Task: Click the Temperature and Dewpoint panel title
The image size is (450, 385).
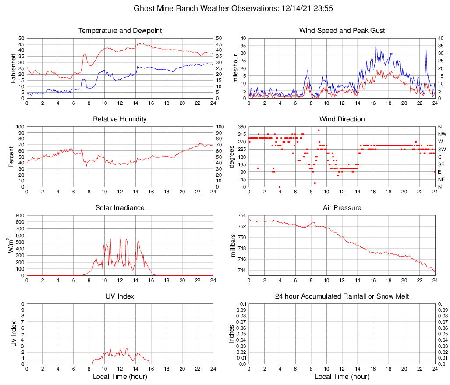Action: tap(120, 31)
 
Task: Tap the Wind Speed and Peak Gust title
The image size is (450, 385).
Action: tap(342, 31)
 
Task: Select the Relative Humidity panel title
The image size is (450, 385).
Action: tap(120, 119)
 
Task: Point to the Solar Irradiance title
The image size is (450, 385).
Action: tap(120, 208)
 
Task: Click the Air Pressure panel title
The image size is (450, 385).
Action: tap(342, 208)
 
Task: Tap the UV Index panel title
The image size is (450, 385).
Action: tap(120, 296)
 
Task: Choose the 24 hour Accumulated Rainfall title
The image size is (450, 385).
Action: tap(342, 296)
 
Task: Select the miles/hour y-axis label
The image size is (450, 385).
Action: tap(235, 68)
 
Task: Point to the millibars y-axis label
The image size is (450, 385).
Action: tap(233, 246)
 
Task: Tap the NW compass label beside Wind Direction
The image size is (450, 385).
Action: tap(442, 134)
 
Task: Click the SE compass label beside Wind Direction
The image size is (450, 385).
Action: tap(441, 164)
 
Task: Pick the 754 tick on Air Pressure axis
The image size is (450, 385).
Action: tap(241, 215)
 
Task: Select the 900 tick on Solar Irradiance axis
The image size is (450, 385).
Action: tap(19, 215)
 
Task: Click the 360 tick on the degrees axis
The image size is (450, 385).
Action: tap(241, 127)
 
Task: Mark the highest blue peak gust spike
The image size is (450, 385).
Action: tap(376, 44)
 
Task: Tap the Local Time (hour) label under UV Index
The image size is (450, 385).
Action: tap(120, 376)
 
